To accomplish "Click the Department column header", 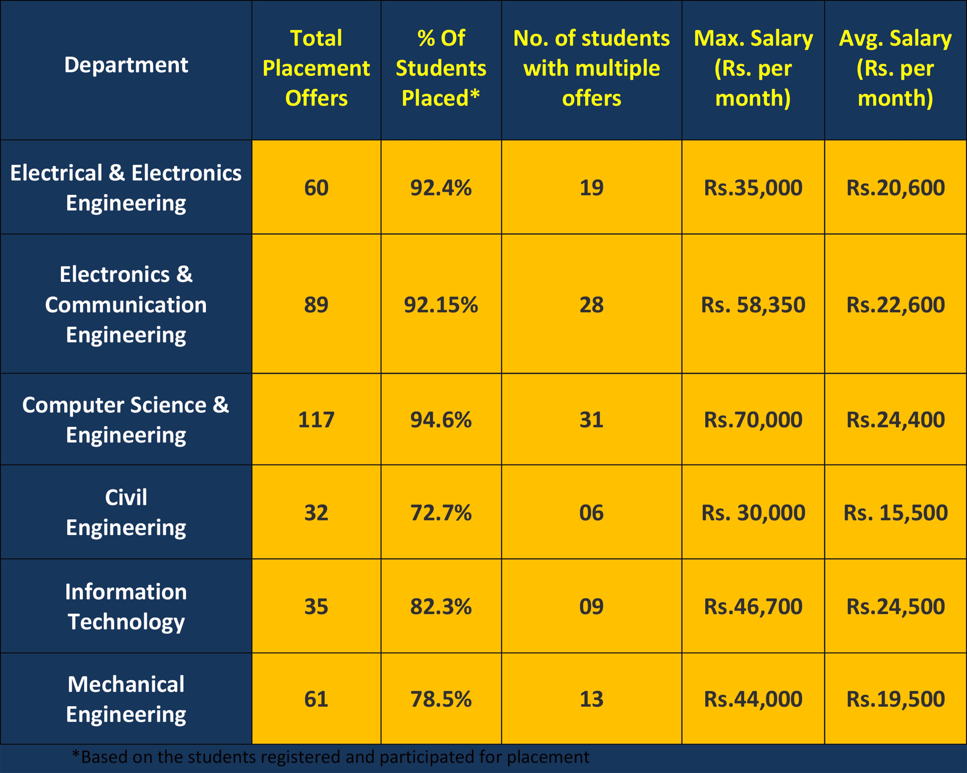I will pos(126,65).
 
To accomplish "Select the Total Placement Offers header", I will pos(316,68).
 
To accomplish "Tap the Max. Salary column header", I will pos(753,68).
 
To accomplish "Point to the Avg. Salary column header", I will pos(895,68).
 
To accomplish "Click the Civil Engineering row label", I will pos(126,512).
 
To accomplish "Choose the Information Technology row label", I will pos(126,606).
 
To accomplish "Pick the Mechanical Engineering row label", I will pos(126,699).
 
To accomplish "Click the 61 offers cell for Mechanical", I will pos(316,699).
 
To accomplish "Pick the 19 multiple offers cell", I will pos(591,187).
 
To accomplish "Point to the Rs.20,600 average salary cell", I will pos(895,187).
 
